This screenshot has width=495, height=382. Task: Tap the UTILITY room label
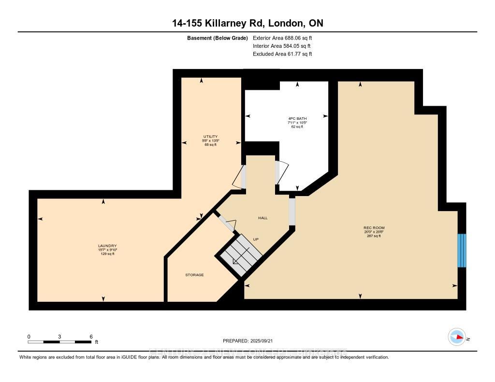[x=210, y=136]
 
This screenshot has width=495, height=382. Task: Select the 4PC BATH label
[x=297, y=118]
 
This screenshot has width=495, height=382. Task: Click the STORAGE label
[x=194, y=275]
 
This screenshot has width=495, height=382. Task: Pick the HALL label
[x=262, y=218]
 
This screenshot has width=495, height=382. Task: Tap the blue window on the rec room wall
[x=462, y=250]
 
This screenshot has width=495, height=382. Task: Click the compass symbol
[x=456, y=337]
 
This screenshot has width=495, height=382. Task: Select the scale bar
[x=59, y=341]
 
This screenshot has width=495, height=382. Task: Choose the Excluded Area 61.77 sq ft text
[x=282, y=54]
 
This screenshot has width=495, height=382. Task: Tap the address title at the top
[x=247, y=23]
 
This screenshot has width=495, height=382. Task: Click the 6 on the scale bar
[x=91, y=336]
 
